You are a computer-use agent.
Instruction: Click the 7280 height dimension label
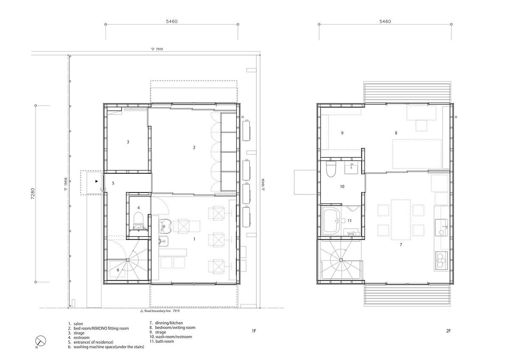33,193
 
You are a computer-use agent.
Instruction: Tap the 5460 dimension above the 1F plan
171,21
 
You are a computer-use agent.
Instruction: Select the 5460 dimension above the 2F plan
385,21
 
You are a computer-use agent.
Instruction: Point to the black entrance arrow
97,181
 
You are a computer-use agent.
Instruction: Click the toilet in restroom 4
139,221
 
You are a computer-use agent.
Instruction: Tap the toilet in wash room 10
331,169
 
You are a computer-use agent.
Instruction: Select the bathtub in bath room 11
332,222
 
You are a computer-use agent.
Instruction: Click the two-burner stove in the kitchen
441,260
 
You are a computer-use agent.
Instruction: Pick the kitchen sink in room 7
441,228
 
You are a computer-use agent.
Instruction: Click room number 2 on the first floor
194,148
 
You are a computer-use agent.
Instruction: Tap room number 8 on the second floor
396,133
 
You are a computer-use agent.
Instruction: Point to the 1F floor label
254,331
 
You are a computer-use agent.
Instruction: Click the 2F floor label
448,331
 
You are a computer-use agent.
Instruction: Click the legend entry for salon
76,324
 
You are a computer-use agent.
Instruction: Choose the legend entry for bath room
162,341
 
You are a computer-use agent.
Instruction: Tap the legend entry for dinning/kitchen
166,323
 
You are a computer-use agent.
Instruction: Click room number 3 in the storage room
128,142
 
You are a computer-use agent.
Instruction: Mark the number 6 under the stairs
118,270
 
